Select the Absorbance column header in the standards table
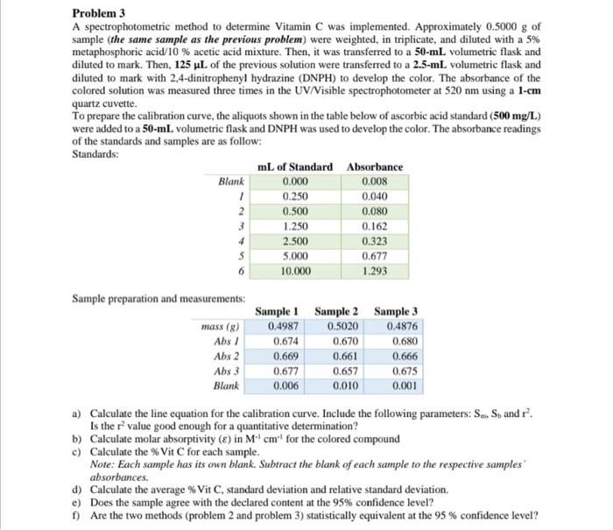375,166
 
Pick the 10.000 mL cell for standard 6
296,272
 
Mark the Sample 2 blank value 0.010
337,385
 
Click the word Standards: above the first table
95,153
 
